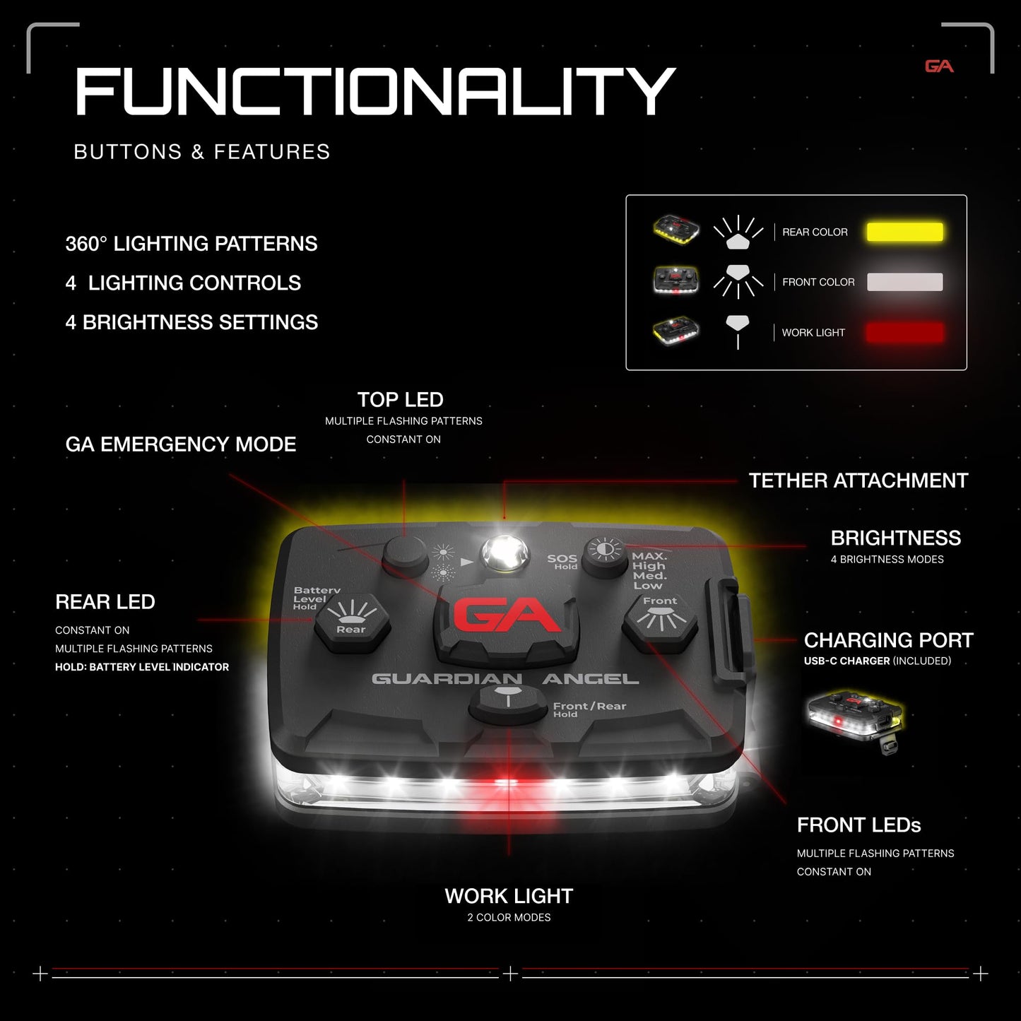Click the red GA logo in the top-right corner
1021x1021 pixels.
[x=939, y=66]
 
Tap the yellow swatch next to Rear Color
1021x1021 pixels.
[x=904, y=232]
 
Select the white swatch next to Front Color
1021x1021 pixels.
[x=904, y=282]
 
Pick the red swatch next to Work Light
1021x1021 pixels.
[x=904, y=333]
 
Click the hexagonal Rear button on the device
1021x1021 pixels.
[x=352, y=622]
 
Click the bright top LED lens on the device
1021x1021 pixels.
[x=505, y=555]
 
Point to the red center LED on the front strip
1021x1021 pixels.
[x=505, y=782]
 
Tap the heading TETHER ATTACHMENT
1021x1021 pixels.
[x=858, y=480]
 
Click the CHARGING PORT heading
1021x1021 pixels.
[x=889, y=640]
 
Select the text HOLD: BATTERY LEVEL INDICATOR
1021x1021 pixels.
[x=142, y=667]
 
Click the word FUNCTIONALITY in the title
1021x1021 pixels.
[x=375, y=92]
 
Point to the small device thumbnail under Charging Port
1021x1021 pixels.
[x=854, y=721]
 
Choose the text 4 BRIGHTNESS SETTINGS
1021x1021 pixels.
[x=191, y=322]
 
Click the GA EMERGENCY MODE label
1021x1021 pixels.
[x=181, y=444]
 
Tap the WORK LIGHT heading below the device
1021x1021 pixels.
[x=509, y=896]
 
